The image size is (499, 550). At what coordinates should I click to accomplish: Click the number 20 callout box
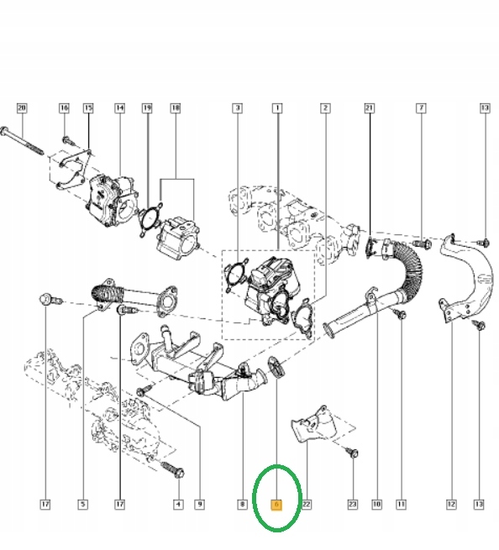coord(22,108)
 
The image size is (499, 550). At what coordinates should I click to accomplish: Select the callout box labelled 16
coord(64,108)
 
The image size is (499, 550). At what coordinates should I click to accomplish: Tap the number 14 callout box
coord(119,108)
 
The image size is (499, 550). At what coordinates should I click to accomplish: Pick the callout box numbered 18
coord(176,108)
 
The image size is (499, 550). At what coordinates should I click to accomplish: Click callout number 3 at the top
coord(238,108)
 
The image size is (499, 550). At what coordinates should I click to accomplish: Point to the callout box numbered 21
coord(369,108)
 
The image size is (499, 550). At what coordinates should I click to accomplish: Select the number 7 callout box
coord(422,108)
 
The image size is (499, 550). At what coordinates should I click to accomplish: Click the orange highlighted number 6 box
coord(276,505)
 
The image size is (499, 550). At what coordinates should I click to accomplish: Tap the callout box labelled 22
coord(307,505)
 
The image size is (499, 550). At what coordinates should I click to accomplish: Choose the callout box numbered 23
coord(353,505)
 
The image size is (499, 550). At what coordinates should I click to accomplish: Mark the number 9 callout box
coord(199,505)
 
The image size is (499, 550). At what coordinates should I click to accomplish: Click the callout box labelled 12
coord(451,505)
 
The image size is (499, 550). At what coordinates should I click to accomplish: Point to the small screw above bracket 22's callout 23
coord(353,453)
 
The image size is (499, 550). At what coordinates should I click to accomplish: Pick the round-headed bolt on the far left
coord(46,299)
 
